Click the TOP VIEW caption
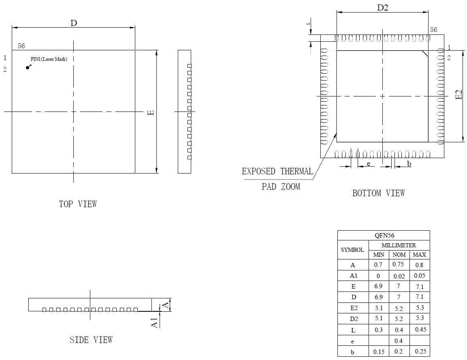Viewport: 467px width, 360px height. [x=78, y=204]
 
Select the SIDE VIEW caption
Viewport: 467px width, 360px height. [x=91, y=340]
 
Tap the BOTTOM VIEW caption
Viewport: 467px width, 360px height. [x=378, y=193]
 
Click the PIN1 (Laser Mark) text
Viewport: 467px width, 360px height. [x=49, y=59]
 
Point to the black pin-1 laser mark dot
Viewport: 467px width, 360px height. [x=28, y=67]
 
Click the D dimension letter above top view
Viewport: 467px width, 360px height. [x=74, y=23]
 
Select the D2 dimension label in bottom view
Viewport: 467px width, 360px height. [x=383, y=8]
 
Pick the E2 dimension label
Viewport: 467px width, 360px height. [x=459, y=95]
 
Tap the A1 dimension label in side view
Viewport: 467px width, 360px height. [x=154, y=323]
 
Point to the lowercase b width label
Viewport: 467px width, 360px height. [x=409, y=164]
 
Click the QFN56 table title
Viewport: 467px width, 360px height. [x=384, y=235]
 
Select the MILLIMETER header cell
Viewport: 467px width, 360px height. [x=399, y=245]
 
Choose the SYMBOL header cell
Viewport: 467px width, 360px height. [x=352, y=250]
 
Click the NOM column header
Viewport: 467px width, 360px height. [x=399, y=255]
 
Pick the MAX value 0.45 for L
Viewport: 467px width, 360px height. [x=420, y=329]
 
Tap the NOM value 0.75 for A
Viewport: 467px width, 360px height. [x=399, y=264]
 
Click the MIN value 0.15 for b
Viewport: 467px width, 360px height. [x=379, y=351]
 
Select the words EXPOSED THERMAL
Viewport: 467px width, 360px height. [x=277, y=171]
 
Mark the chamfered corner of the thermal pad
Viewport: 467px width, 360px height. [x=425, y=53]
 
